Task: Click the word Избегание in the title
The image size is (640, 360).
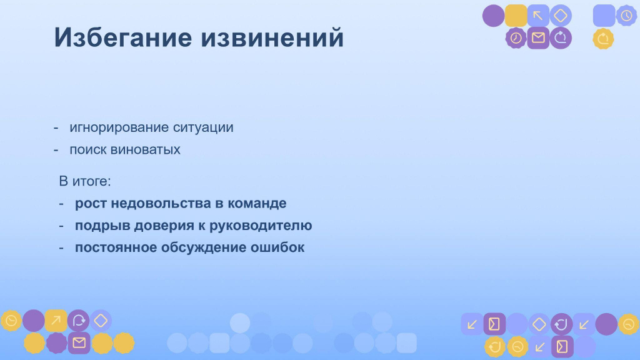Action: point(123,37)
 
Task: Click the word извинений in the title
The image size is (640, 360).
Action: point(272,37)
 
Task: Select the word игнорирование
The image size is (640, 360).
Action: point(119,127)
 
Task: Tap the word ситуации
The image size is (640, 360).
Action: point(203,127)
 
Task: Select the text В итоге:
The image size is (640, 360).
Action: point(85,181)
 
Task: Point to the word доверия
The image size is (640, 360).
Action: point(164,225)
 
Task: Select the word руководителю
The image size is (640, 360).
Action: point(261,225)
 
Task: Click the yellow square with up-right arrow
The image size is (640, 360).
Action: point(56,321)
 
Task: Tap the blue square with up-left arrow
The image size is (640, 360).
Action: point(538,16)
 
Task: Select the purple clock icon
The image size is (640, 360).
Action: point(516,38)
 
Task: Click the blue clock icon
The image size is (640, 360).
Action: point(626,16)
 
